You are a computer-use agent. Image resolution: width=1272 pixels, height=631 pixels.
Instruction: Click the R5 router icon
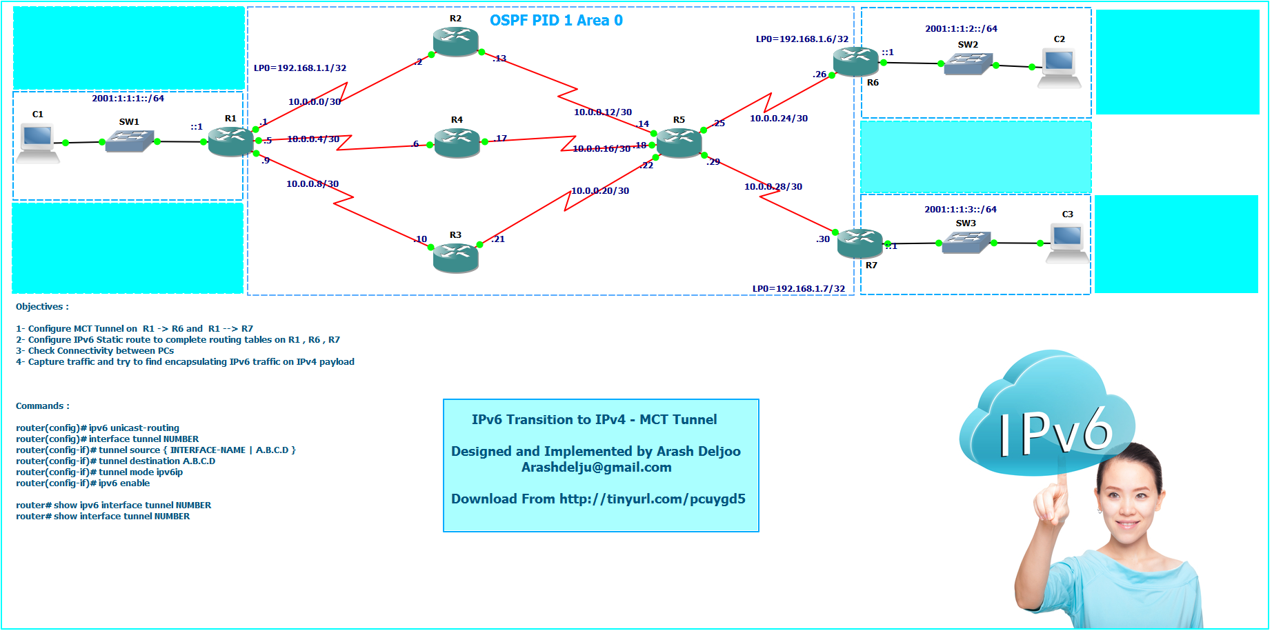point(679,143)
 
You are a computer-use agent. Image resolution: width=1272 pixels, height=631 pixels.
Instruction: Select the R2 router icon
point(456,41)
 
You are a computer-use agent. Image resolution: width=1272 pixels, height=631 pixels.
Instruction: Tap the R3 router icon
point(456,257)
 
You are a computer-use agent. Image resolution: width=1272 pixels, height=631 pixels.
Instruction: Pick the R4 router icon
point(457,143)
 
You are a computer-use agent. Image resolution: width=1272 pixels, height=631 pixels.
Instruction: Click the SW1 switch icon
point(129,141)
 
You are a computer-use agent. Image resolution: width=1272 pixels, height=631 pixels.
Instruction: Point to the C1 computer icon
point(38,142)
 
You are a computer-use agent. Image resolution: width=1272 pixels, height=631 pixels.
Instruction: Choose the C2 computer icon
point(1059,68)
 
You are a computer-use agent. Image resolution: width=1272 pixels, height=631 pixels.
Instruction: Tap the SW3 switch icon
point(966,241)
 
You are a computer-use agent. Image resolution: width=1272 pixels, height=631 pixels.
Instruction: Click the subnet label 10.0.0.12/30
point(603,112)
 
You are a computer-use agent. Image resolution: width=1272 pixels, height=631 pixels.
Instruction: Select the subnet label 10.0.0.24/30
point(779,119)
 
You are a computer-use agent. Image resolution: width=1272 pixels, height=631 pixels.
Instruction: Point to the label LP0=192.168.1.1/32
point(300,68)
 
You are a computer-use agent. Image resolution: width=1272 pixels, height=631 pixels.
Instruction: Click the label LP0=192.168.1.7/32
point(799,289)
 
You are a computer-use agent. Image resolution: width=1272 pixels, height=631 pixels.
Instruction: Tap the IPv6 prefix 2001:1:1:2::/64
point(961,29)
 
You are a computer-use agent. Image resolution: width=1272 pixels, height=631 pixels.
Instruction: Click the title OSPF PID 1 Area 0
point(556,21)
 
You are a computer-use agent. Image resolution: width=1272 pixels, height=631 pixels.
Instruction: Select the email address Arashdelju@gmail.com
point(597,468)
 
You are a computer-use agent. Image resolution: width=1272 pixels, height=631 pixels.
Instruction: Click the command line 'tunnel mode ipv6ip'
point(141,472)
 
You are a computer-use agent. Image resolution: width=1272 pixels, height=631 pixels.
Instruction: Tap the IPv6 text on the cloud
point(1055,433)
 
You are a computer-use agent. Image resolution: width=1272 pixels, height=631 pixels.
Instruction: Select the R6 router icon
point(855,62)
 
